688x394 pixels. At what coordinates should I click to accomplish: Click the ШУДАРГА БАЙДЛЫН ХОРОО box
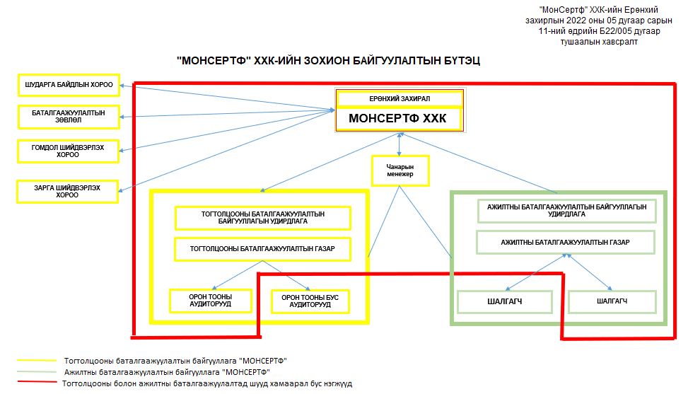click(x=69, y=85)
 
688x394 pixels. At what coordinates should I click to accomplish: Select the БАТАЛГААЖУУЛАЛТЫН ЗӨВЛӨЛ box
click(x=69, y=117)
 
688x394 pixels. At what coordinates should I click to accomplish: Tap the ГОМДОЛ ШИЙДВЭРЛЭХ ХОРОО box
click(x=68, y=151)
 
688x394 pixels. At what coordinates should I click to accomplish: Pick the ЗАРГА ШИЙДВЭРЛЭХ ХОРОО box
click(x=67, y=192)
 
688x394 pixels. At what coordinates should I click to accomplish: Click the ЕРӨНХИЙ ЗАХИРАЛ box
click(x=400, y=99)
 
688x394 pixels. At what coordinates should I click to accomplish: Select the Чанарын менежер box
click(x=400, y=170)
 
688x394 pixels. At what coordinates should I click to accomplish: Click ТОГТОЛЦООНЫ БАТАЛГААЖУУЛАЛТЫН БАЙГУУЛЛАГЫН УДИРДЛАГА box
click(x=263, y=218)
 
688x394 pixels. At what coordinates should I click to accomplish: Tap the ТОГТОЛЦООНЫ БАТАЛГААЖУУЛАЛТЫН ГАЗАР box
click(x=262, y=249)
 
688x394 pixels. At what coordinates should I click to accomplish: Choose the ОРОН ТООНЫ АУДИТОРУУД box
click(x=211, y=301)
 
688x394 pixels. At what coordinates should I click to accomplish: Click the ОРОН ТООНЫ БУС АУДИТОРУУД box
click(x=310, y=301)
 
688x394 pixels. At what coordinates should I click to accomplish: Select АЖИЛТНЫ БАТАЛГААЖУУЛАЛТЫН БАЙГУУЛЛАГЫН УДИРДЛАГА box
click(x=566, y=211)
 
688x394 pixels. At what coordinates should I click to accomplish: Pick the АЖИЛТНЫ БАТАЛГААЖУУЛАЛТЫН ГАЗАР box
click(x=566, y=243)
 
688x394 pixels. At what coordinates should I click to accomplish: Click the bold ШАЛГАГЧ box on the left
click(x=505, y=302)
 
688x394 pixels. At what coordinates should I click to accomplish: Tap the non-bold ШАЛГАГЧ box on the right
click(x=612, y=301)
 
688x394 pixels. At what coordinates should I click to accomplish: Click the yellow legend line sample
click(x=37, y=361)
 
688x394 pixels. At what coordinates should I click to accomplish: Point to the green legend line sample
click(x=37, y=372)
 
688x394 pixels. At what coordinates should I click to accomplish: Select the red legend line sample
click(x=37, y=382)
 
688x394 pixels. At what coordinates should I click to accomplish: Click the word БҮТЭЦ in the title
click(x=461, y=61)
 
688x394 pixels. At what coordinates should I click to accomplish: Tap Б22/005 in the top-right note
click(x=616, y=31)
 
